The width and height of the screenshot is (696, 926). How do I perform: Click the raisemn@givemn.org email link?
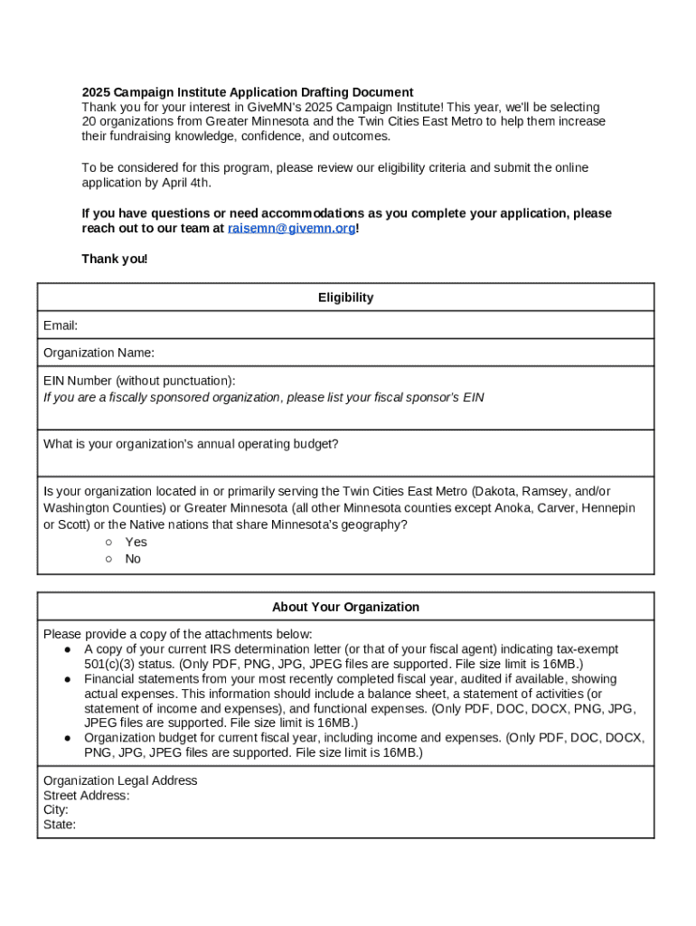(x=292, y=229)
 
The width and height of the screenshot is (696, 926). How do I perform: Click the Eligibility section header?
(x=345, y=298)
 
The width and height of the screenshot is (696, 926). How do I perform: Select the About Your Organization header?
(x=345, y=607)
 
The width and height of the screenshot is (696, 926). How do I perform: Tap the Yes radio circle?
(x=108, y=543)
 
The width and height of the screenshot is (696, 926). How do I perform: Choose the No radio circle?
(x=108, y=559)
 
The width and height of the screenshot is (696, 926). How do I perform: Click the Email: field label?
(x=61, y=326)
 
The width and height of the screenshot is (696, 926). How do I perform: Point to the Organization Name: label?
(x=99, y=353)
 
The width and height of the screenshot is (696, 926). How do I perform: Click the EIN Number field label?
(x=139, y=381)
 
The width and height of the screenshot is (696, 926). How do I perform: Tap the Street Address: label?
(x=86, y=796)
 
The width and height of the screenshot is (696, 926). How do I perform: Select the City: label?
(x=56, y=810)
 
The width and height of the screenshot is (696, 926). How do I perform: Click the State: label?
(x=60, y=825)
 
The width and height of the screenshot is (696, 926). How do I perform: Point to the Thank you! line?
(x=114, y=260)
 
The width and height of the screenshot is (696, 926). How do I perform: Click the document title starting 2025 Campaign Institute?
(x=248, y=92)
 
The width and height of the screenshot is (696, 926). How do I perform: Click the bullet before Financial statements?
(x=68, y=679)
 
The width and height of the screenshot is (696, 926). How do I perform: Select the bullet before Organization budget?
(x=68, y=738)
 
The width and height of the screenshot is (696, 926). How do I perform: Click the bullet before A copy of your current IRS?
(x=68, y=649)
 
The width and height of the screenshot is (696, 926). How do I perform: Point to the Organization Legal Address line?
(x=120, y=780)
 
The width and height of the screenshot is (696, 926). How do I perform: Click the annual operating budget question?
(x=191, y=444)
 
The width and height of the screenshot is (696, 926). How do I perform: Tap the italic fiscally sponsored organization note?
(x=263, y=397)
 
